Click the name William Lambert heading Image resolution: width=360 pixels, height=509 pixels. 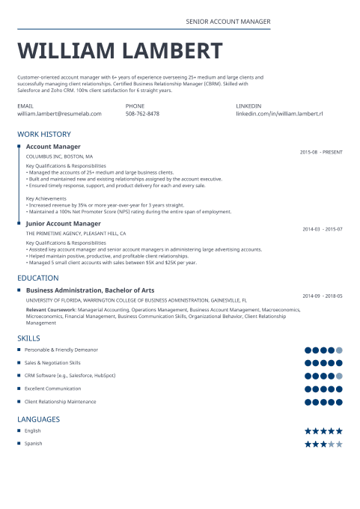(x=120, y=51)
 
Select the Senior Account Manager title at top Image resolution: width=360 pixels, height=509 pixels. (x=228, y=22)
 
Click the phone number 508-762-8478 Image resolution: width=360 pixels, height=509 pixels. (x=142, y=114)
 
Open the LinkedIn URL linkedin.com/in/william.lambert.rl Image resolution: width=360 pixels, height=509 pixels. (x=279, y=114)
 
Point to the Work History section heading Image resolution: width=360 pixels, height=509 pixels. (x=44, y=134)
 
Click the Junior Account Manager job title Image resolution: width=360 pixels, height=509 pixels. (x=63, y=223)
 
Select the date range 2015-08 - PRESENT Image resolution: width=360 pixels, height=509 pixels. (x=321, y=152)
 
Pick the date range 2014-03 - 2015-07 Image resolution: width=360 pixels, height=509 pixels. (x=323, y=229)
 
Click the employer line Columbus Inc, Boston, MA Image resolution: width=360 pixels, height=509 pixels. (x=60, y=156)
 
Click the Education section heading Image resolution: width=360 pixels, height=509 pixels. (x=38, y=278)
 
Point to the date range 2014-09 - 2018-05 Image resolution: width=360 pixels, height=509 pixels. (x=323, y=296)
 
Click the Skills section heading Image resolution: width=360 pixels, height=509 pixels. (x=29, y=338)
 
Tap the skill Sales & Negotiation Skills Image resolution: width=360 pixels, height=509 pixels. (x=52, y=362)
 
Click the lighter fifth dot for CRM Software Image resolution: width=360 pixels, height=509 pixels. (x=339, y=376)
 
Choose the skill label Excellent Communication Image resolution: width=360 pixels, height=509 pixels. (x=52, y=388)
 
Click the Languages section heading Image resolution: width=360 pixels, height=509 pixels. (x=38, y=419)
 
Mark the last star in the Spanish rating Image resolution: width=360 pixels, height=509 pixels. (x=339, y=444)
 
